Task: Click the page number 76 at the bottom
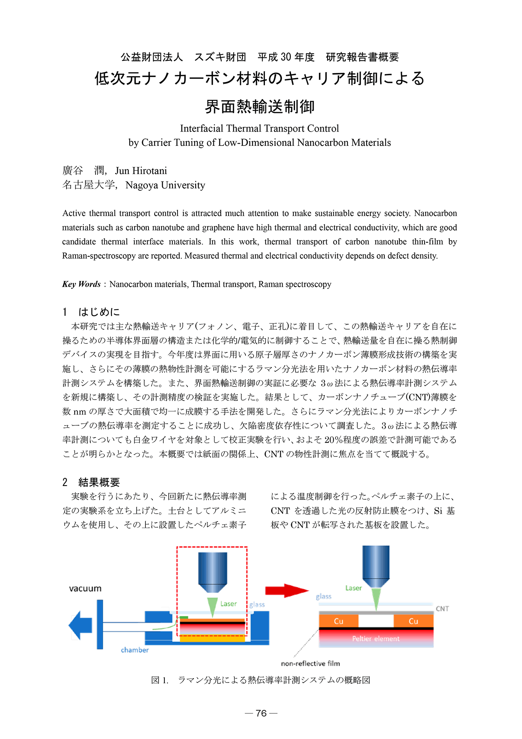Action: coord(261,713)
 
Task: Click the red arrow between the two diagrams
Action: coord(286,590)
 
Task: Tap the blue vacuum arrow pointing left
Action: coord(80,625)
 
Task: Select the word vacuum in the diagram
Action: coord(85,588)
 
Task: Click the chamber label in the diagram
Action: coord(135,650)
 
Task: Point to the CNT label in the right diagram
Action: coord(442,609)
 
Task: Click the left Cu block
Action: coord(338,621)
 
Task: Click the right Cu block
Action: coord(413,621)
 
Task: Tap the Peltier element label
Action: coord(375,639)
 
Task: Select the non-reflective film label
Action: coord(310,664)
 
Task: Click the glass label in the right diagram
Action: coord(324,597)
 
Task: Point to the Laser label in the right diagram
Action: coord(353,588)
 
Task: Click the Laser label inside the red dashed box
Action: coord(229,604)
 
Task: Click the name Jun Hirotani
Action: coord(141,171)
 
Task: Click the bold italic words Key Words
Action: coord(82,284)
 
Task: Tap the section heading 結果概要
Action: coord(99,482)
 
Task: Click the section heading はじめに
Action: coord(99,312)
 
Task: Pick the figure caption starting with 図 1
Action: coord(261,680)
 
